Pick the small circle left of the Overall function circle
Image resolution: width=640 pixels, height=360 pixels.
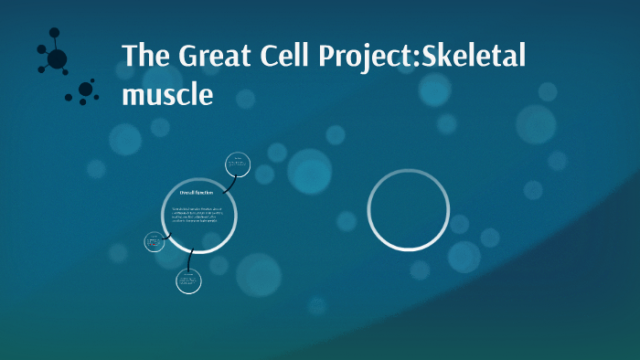155,241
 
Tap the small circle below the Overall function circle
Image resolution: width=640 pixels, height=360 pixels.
188,281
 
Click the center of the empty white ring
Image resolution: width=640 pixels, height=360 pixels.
408,210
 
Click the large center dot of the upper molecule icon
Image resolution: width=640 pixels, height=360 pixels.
57,59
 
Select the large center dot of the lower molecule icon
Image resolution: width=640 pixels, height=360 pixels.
86,90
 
